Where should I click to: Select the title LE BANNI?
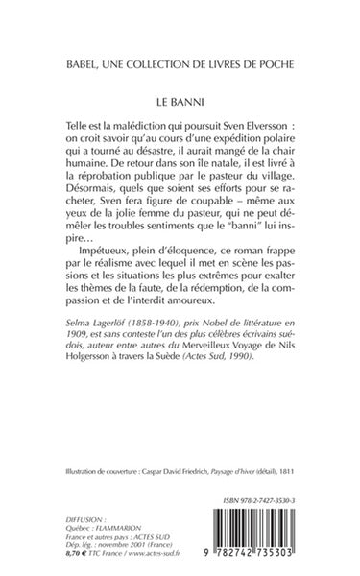(x=180, y=99)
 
